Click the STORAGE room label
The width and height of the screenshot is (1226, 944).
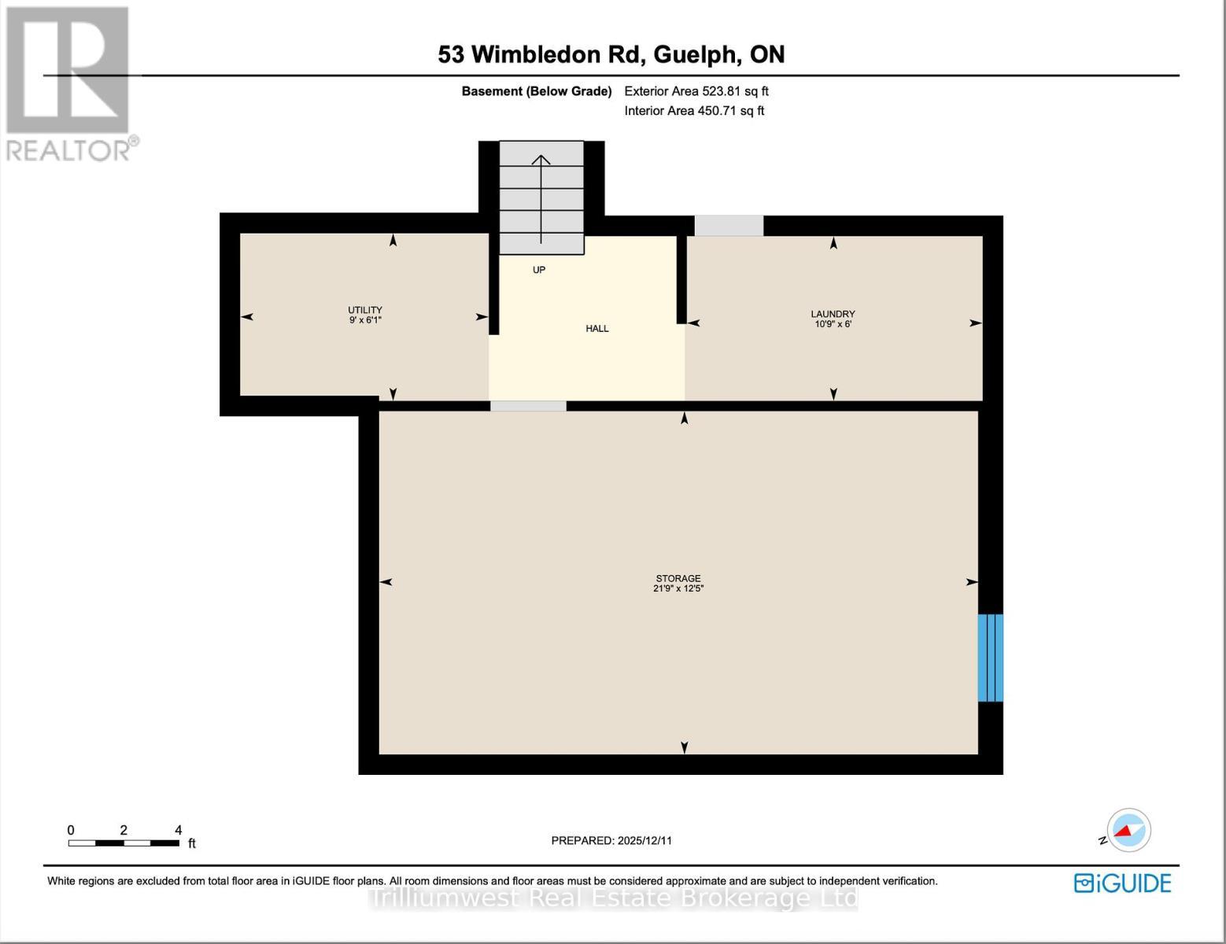(x=678, y=578)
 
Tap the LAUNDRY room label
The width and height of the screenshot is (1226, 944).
(x=833, y=314)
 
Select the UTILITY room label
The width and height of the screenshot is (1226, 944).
(x=365, y=310)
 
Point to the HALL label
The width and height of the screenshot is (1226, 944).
(x=597, y=329)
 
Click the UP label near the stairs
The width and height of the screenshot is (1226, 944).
(x=539, y=270)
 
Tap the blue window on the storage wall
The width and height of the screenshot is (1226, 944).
(x=990, y=658)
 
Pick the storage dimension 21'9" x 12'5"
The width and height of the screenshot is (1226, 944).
(x=678, y=589)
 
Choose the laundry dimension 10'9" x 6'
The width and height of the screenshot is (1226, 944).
(x=833, y=324)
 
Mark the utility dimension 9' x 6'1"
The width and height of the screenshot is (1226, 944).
(x=365, y=320)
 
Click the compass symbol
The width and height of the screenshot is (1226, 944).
(x=1128, y=831)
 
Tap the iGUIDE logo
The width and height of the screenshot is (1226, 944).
(x=1123, y=883)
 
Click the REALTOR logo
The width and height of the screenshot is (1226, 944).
(x=68, y=83)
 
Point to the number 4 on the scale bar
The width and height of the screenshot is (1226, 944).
(x=179, y=830)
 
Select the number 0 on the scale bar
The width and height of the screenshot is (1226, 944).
(x=71, y=830)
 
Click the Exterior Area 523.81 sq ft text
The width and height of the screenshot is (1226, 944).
(x=696, y=91)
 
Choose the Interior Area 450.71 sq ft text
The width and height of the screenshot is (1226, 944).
(x=694, y=111)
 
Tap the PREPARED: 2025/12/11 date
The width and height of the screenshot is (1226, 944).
(x=611, y=840)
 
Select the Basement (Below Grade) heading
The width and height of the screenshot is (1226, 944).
(x=536, y=91)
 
